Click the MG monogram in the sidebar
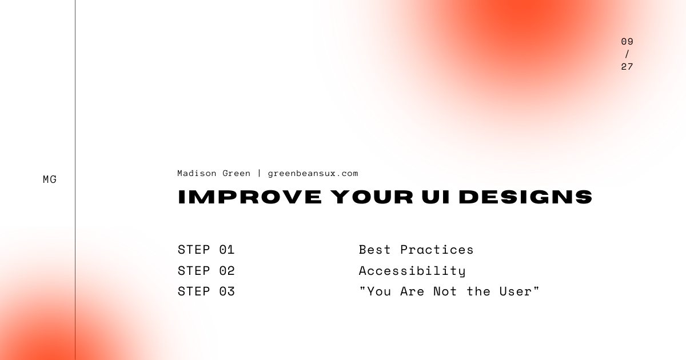(50, 179)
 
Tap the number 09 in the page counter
(627, 42)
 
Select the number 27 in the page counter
(627, 66)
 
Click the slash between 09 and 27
(627, 54)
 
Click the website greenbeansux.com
(313, 173)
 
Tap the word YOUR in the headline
(371, 197)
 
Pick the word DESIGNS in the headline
(526, 197)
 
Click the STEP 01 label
(206, 250)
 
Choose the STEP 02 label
(206, 271)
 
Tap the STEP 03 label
(206, 291)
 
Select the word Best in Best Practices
(375, 250)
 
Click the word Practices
(437, 250)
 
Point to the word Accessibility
(412, 271)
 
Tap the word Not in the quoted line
(445, 291)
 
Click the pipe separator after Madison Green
(259, 173)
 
